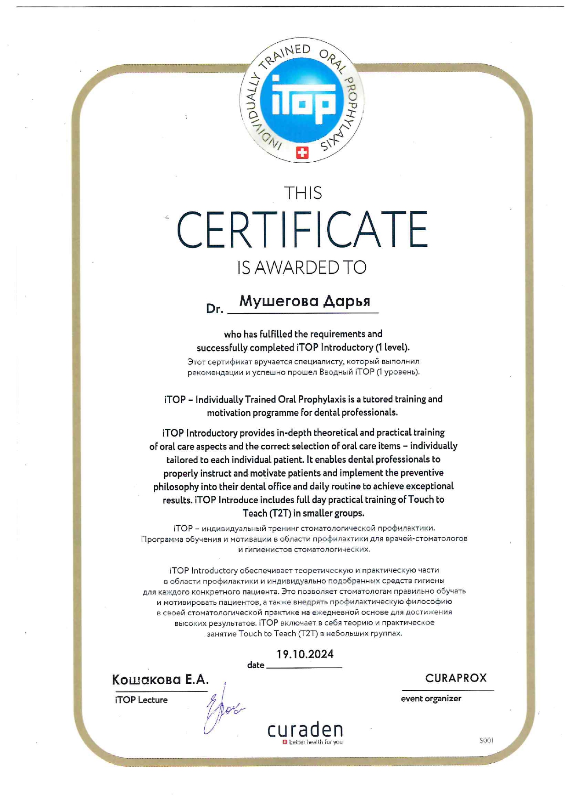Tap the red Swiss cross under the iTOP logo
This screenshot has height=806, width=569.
click(x=302, y=153)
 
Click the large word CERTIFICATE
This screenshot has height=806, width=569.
click(x=302, y=230)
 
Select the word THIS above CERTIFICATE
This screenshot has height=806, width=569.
click(x=303, y=193)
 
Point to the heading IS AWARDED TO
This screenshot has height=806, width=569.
click(x=301, y=267)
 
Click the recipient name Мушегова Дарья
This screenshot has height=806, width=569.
click(x=305, y=301)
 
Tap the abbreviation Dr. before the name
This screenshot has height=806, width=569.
click(x=214, y=309)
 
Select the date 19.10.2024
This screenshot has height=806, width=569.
click(x=305, y=654)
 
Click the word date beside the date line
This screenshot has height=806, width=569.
click(x=256, y=665)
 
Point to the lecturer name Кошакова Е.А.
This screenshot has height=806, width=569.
click(x=160, y=680)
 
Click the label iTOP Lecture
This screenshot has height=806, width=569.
click(x=141, y=700)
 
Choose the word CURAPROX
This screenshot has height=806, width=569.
click(x=456, y=678)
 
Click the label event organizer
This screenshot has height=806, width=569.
click(x=431, y=698)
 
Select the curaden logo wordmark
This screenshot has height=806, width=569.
click(x=305, y=729)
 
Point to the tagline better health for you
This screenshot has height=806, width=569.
click(x=315, y=742)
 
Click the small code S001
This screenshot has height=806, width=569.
click(x=486, y=741)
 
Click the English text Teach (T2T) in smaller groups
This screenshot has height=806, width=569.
click(x=303, y=513)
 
